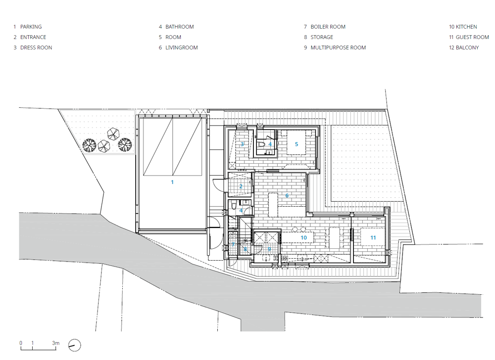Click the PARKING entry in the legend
click(31, 27)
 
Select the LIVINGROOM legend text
click(182, 47)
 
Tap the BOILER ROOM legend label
click(328, 27)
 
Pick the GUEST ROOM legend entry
click(472, 37)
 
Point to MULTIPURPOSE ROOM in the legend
click(338, 47)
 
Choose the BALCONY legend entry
click(467, 47)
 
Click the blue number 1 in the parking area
click(172, 182)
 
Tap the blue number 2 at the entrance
click(241, 186)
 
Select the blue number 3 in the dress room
click(242, 144)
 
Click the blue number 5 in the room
click(297, 144)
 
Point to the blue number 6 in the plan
click(287, 195)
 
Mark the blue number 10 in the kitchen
click(304, 238)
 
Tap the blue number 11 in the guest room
click(373, 238)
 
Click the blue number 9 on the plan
click(269, 249)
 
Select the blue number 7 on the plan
click(233, 244)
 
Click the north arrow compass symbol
click(75, 345)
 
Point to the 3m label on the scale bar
click(55, 343)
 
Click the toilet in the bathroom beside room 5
click(261, 145)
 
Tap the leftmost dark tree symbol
click(89, 145)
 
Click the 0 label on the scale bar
click(21, 343)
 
